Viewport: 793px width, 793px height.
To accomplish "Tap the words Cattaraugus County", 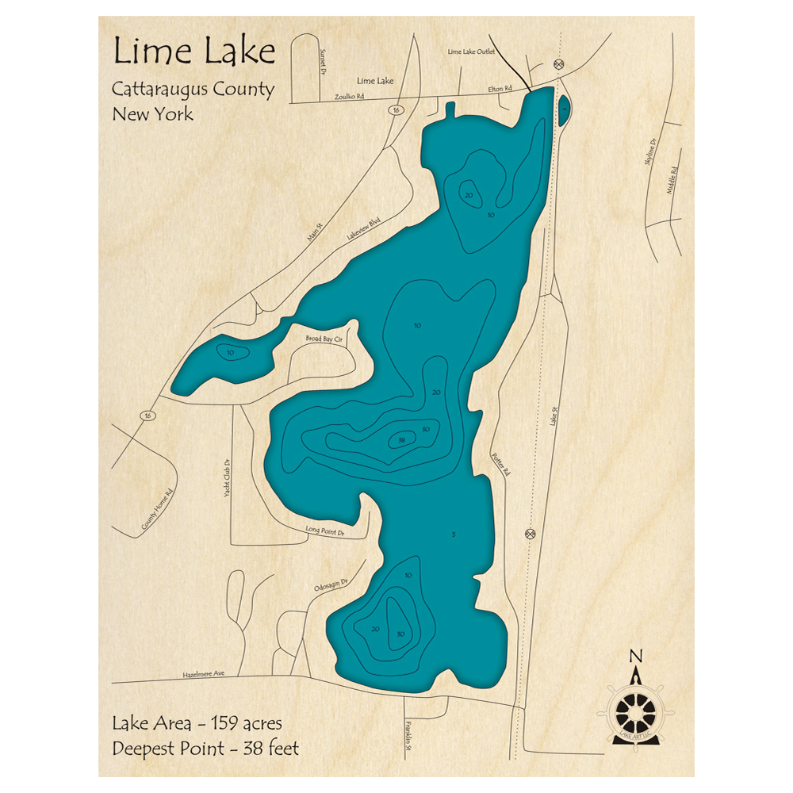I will point(193,89).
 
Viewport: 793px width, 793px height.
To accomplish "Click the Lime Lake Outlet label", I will point(471,52).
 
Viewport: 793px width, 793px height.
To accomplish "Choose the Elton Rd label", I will point(499,89).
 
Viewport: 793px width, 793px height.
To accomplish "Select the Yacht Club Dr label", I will point(227,477).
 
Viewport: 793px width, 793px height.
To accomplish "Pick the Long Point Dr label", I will point(325,531).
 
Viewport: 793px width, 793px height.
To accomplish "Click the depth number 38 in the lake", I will point(402,440).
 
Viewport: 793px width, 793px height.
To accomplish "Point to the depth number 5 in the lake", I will point(453,535).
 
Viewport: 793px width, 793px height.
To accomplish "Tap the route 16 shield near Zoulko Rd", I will point(394,110).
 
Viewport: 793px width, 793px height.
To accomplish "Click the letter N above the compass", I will point(634,656).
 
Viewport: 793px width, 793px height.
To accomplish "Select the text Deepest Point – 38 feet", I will point(205,747).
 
